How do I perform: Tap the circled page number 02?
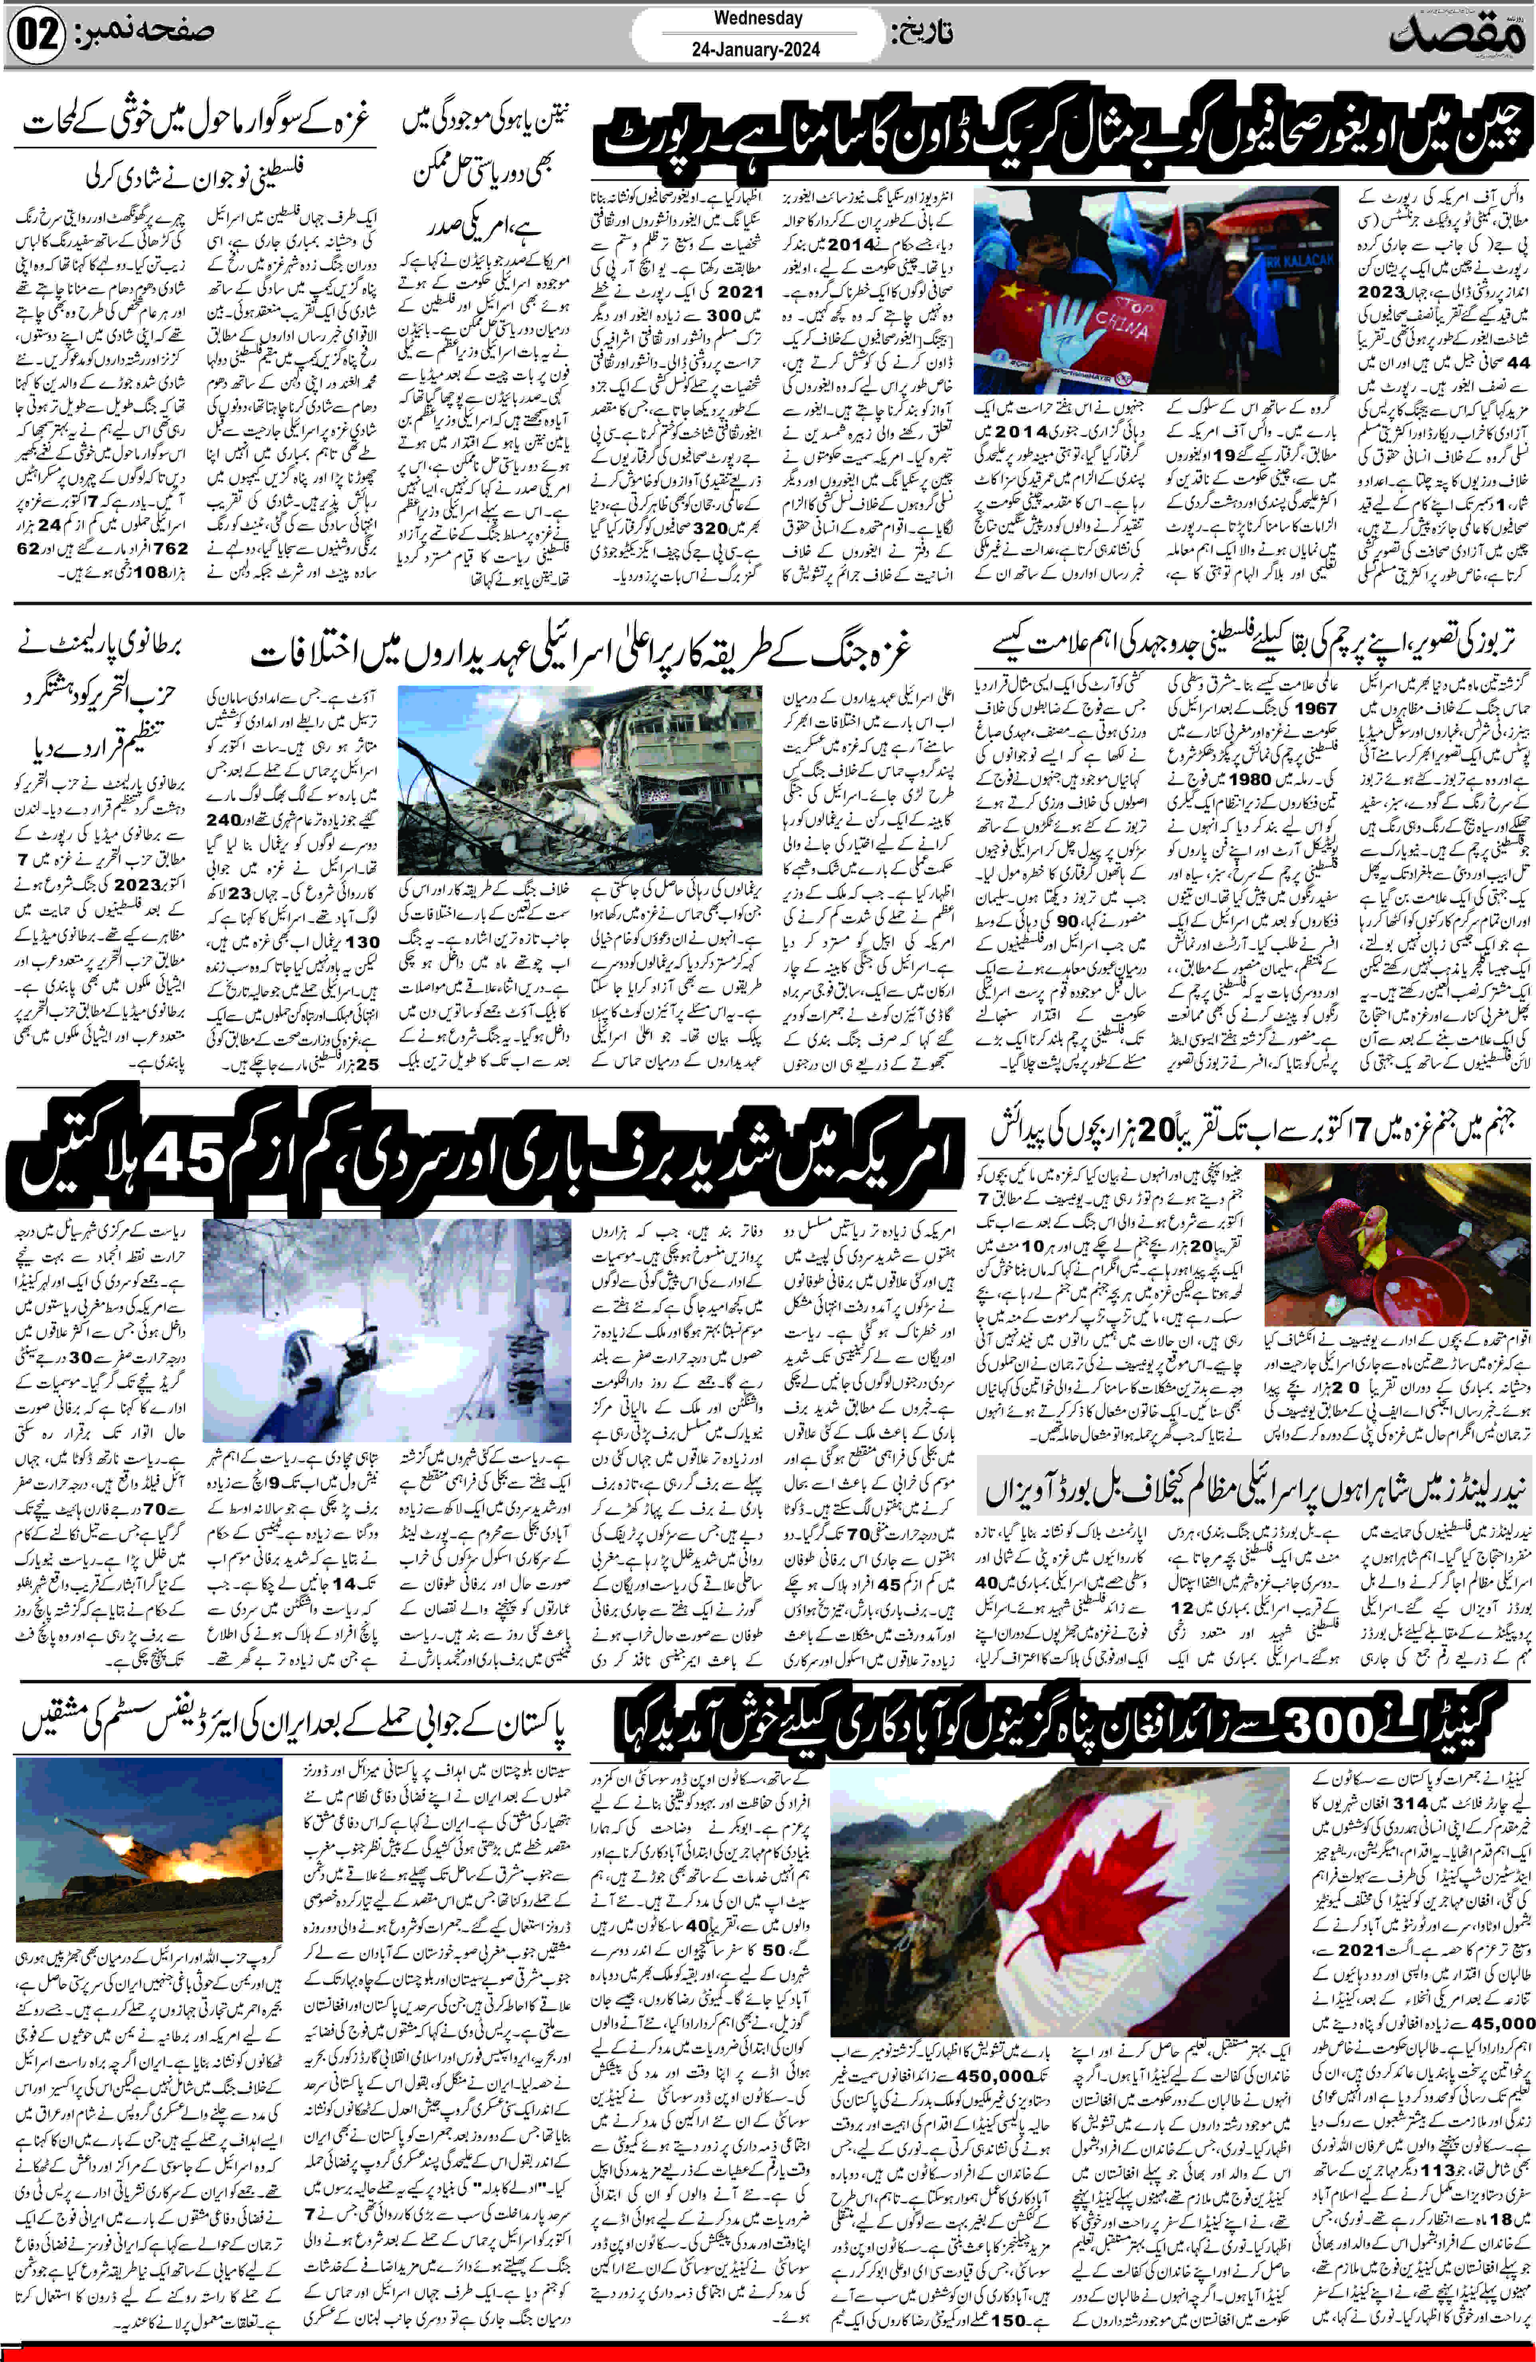pyautogui.click(x=37, y=37)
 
